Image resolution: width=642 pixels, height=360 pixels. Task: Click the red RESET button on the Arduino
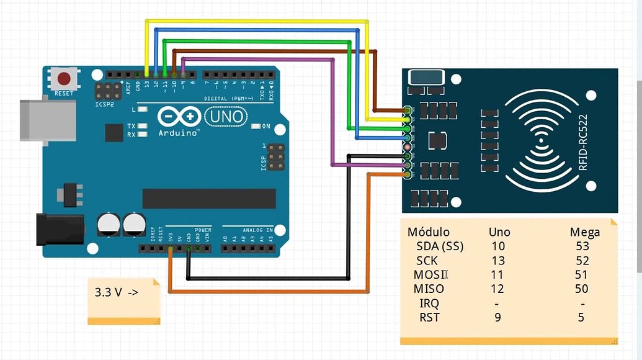64,79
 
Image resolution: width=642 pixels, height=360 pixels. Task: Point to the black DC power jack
59,229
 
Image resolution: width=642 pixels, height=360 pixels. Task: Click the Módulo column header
428,232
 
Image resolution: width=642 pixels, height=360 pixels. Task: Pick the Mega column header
585,233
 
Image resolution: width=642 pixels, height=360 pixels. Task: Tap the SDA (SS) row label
440,246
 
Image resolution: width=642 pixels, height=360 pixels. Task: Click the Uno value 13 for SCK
498,260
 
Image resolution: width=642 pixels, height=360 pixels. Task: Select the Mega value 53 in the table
582,246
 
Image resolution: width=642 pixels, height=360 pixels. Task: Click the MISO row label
430,289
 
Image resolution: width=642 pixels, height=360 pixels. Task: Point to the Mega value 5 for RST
581,317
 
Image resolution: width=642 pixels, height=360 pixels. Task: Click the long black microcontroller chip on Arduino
209,199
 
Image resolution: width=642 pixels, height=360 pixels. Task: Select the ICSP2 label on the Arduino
106,105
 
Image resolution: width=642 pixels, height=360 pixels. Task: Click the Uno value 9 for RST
497,317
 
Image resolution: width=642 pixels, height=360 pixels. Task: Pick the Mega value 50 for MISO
582,289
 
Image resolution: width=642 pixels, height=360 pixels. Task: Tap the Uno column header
499,232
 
